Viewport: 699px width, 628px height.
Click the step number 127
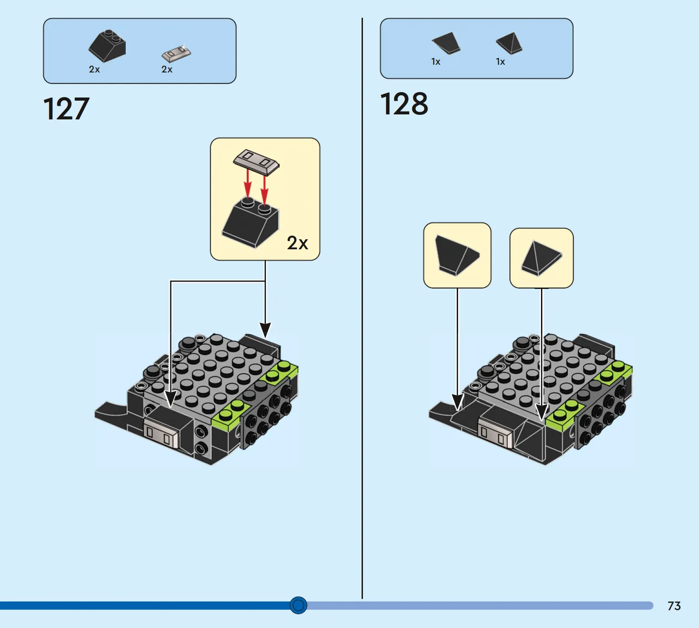point(66,109)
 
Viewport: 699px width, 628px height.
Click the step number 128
point(404,104)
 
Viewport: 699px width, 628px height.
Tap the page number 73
point(674,606)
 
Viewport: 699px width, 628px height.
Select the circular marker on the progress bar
point(298,605)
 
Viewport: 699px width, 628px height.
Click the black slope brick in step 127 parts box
point(107,46)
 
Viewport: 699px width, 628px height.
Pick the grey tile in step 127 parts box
point(176,53)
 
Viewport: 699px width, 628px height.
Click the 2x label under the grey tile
point(167,69)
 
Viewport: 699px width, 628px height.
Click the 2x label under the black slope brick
point(94,69)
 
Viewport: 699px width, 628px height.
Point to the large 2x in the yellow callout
point(297,243)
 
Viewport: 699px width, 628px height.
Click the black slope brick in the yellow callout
point(250,223)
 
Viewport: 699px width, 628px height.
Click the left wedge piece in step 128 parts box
point(446,43)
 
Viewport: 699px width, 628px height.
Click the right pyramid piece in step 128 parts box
point(510,43)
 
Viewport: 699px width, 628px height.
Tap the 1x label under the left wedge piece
point(436,62)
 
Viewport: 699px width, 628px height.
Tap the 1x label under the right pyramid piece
point(500,62)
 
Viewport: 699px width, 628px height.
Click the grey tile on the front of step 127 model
point(162,432)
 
